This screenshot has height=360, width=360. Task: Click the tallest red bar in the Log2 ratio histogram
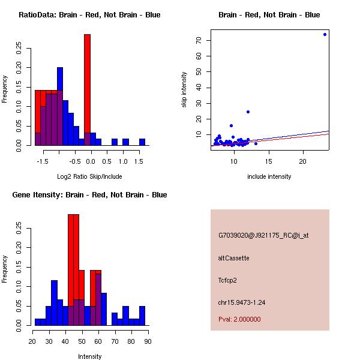pyautogui.click(x=87, y=90)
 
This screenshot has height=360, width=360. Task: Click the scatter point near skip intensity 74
pyautogui.click(x=325, y=34)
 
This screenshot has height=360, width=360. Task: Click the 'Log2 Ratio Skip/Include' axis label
pyautogui.click(x=89, y=176)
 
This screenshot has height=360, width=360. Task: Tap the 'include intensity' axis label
pyautogui.click(x=269, y=176)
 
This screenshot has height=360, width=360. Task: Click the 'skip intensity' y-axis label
pyautogui.click(x=184, y=90)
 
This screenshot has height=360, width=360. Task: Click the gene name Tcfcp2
pyautogui.click(x=229, y=280)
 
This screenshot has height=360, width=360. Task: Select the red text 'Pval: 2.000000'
pyautogui.click(x=239, y=319)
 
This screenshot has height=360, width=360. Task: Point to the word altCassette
pyautogui.click(x=233, y=258)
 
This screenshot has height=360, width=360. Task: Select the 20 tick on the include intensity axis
pyautogui.click(x=303, y=161)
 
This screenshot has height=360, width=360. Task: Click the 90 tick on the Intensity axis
pyautogui.click(x=148, y=341)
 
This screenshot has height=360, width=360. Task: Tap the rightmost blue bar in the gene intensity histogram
pyautogui.click(x=142, y=316)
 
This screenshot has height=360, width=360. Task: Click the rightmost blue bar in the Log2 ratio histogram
pyautogui.click(x=142, y=142)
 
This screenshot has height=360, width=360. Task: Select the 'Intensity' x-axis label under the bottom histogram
pyautogui.click(x=89, y=356)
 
